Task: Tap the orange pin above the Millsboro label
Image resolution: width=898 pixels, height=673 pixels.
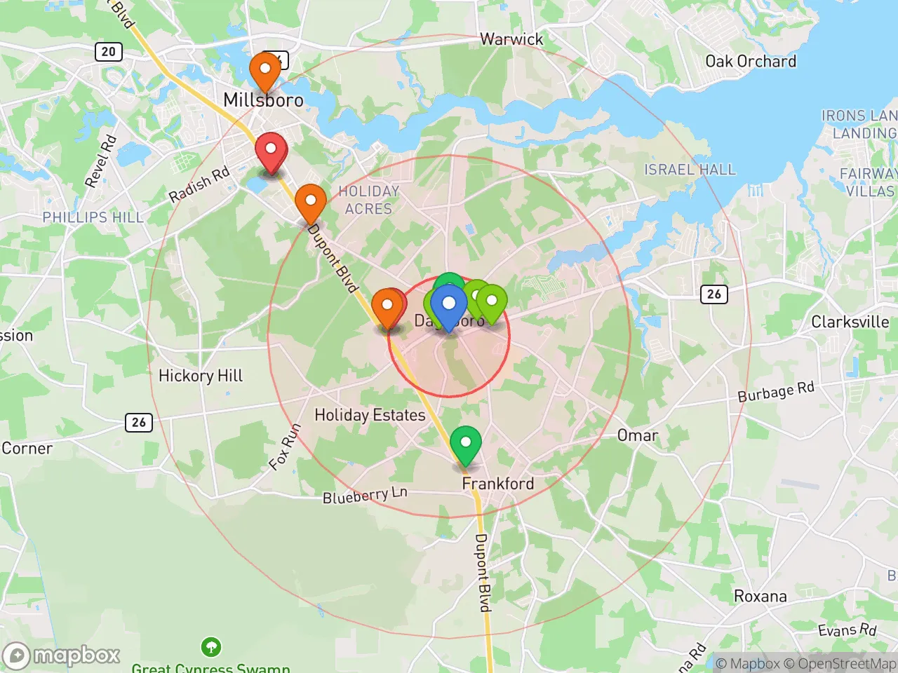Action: [x=265, y=71]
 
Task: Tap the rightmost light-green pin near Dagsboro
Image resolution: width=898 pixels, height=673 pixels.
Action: [x=492, y=301]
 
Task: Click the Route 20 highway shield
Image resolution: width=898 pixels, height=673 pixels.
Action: [x=108, y=51]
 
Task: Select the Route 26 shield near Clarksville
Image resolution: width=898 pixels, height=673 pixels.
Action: [x=714, y=294]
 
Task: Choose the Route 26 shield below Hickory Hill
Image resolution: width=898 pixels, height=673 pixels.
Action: [x=139, y=422]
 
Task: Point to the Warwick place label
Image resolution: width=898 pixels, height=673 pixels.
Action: [x=511, y=39]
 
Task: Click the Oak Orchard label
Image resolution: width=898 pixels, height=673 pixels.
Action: [x=750, y=62]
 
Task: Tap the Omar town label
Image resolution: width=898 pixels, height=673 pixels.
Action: [x=637, y=435]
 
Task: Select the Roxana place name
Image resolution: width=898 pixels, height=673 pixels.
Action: [x=760, y=597]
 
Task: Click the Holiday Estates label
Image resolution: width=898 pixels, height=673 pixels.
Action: [x=370, y=415]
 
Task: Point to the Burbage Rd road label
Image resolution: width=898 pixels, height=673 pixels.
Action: [x=775, y=392]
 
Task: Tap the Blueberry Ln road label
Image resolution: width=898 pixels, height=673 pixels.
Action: [x=364, y=496]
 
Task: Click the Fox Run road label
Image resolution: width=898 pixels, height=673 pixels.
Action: [x=285, y=447]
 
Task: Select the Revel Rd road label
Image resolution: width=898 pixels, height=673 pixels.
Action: [x=100, y=162]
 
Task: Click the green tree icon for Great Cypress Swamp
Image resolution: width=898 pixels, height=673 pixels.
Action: [x=210, y=646]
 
